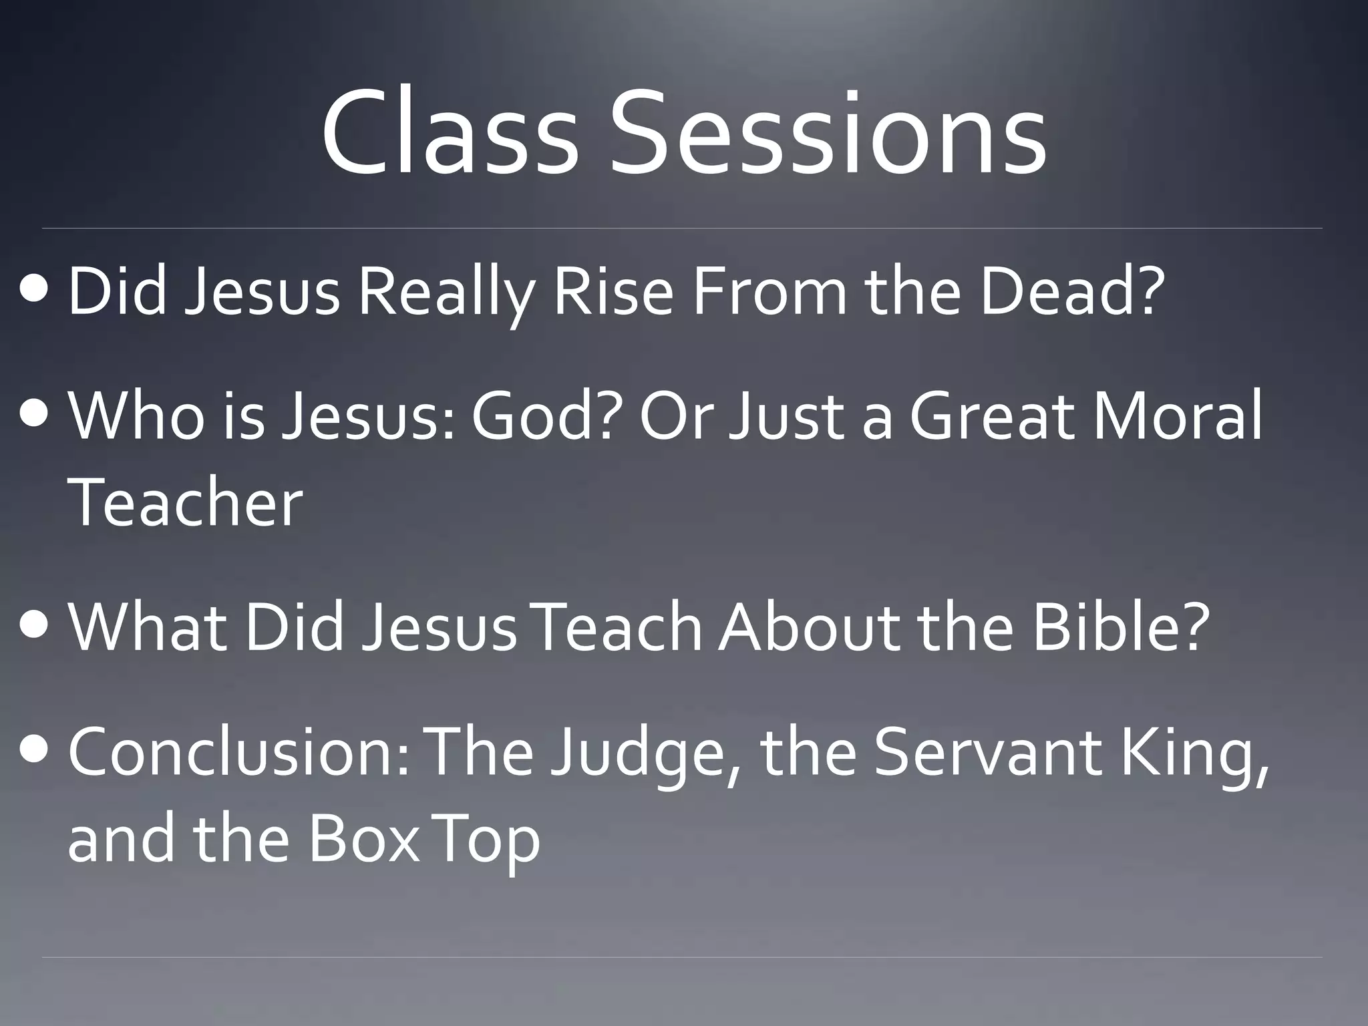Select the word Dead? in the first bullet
(1073, 291)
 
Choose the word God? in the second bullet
(546, 415)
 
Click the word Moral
(1177, 415)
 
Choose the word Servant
(987, 752)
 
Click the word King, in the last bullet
(1194, 755)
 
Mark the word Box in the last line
(363, 838)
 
